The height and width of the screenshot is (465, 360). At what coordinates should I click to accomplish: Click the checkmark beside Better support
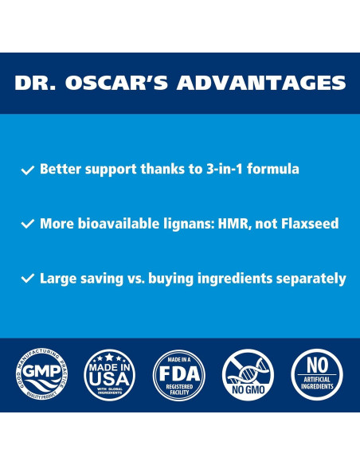tap(28, 170)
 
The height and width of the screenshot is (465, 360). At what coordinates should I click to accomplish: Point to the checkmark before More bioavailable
tap(28, 224)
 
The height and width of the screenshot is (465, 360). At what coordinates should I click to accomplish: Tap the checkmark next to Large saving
tap(28, 279)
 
